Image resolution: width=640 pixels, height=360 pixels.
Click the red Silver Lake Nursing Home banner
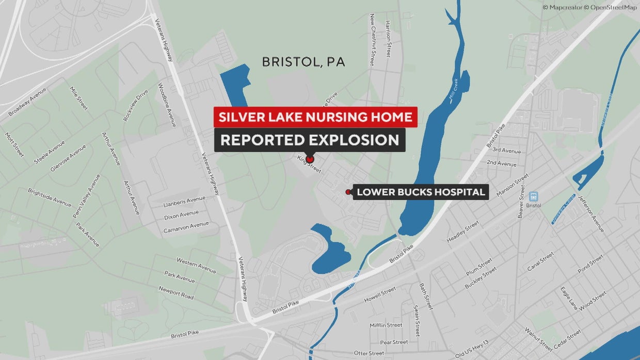coord(315,117)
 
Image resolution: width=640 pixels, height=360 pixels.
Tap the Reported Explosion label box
coord(310,140)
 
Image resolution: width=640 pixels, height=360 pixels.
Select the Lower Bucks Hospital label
coord(421,192)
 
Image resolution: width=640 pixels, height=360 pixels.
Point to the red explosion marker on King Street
coord(310,159)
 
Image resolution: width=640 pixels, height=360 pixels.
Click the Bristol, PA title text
coord(303,62)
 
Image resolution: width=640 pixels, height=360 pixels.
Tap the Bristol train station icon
coord(533,197)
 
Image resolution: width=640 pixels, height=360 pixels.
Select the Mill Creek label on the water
coord(454,93)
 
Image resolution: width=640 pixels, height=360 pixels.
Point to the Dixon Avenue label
coord(181,214)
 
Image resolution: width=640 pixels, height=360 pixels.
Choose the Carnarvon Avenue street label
coord(186,226)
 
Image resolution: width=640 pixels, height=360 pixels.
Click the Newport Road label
coord(176,292)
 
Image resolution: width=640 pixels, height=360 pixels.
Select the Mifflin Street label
coord(386,325)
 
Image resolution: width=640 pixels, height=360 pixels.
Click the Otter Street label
coord(369,353)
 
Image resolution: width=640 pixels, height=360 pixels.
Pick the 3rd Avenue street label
coord(506,151)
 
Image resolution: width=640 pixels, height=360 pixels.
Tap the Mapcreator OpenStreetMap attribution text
coord(589,7)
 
